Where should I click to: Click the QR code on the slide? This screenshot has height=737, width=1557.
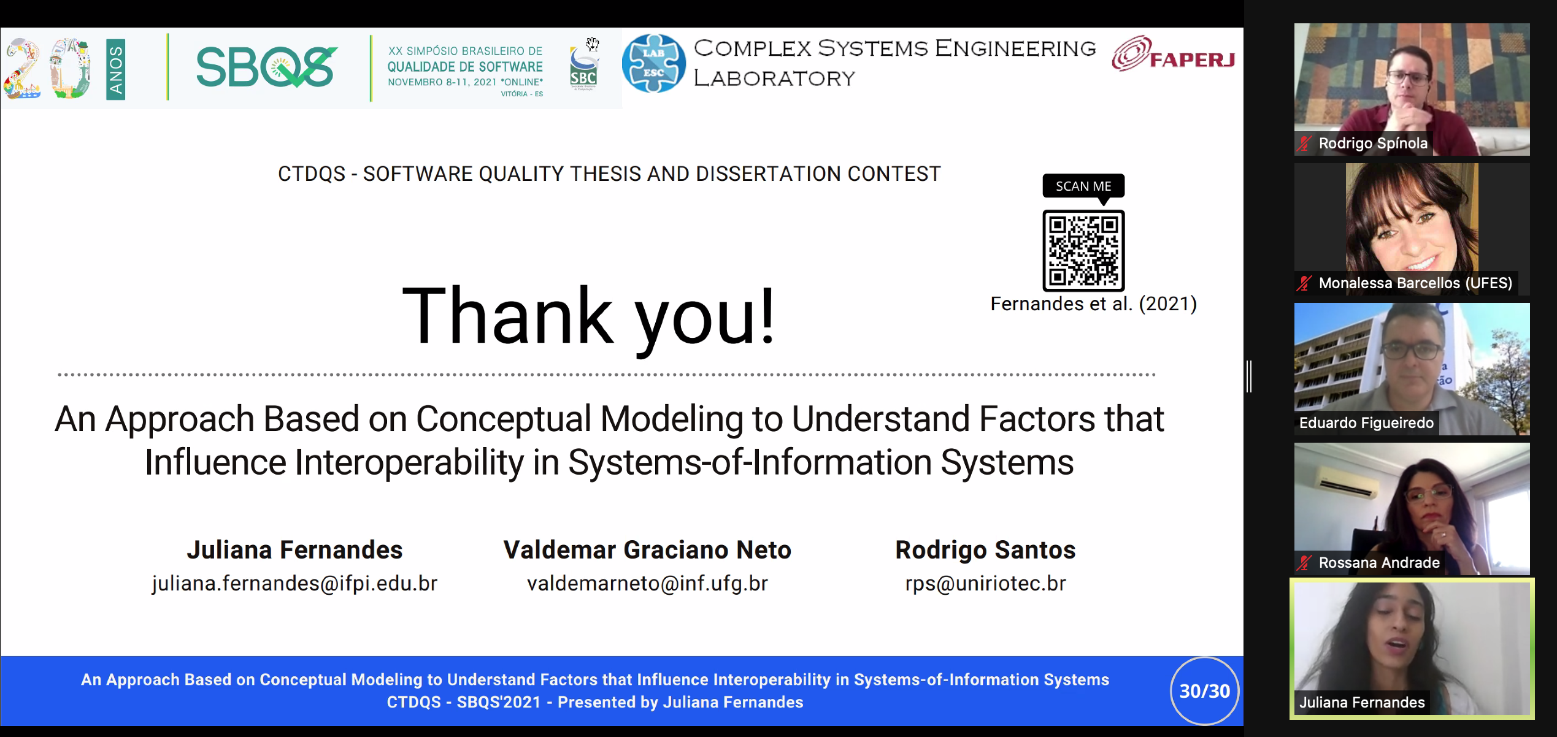coord(1083,251)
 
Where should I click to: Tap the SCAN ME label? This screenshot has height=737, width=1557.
coord(1083,186)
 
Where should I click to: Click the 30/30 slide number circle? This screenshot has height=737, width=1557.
coord(1205,691)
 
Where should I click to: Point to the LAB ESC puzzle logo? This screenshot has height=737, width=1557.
coord(653,64)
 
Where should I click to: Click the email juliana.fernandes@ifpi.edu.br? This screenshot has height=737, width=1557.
coord(294,583)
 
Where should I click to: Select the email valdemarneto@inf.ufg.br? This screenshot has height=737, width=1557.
coord(647,583)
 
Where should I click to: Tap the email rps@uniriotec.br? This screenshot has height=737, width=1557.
coord(985,583)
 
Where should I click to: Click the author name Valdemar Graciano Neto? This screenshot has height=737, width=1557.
coord(647,550)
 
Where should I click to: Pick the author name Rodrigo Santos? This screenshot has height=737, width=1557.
coord(985,550)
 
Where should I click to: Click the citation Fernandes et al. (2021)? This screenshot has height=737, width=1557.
coord(1094,304)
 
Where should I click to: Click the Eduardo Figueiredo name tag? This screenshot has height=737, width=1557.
coord(1366,423)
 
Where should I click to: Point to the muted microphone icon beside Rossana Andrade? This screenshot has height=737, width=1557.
coord(1304,562)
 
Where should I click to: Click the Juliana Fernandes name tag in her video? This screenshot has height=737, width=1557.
coord(1362,703)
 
